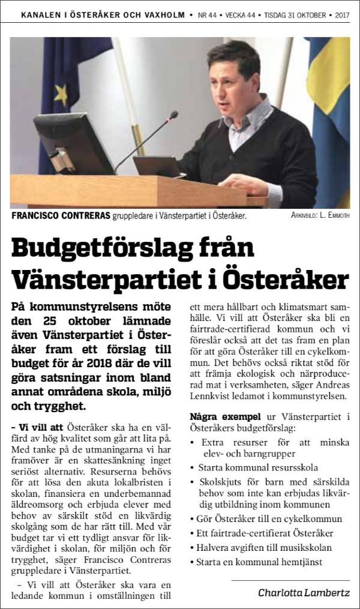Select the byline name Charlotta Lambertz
click(x=304, y=593)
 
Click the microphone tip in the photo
click(x=173, y=113)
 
